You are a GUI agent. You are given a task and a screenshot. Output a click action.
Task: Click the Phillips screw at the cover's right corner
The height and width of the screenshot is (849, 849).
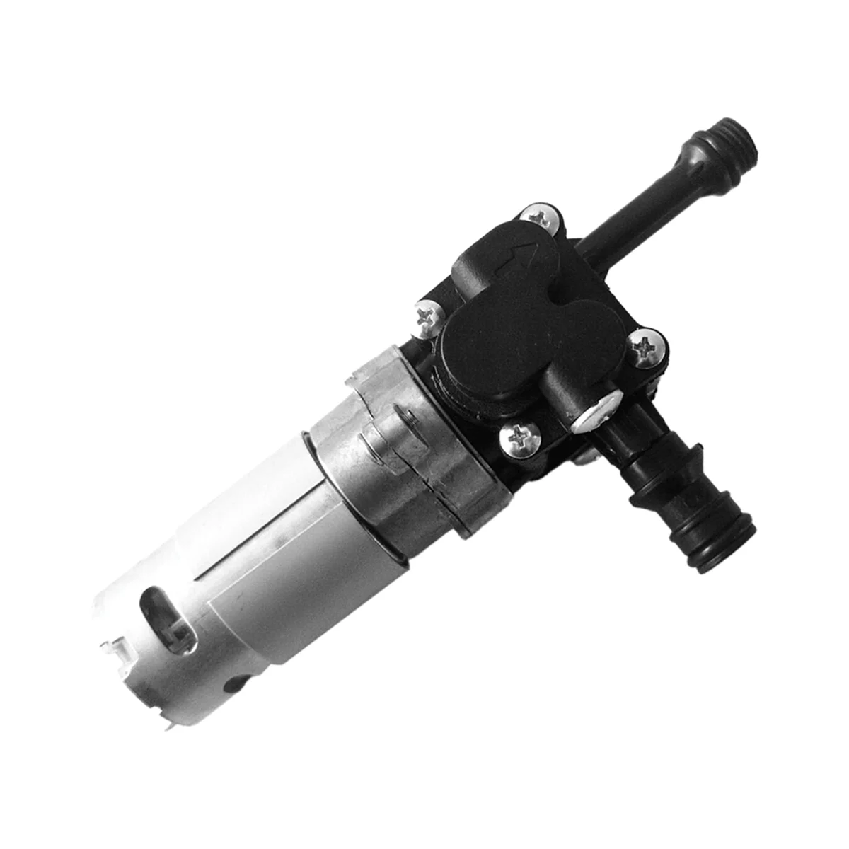pyautogui.click(x=646, y=347)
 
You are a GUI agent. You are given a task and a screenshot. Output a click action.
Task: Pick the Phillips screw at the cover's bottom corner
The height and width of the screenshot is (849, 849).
pyautogui.click(x=518, y=441)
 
